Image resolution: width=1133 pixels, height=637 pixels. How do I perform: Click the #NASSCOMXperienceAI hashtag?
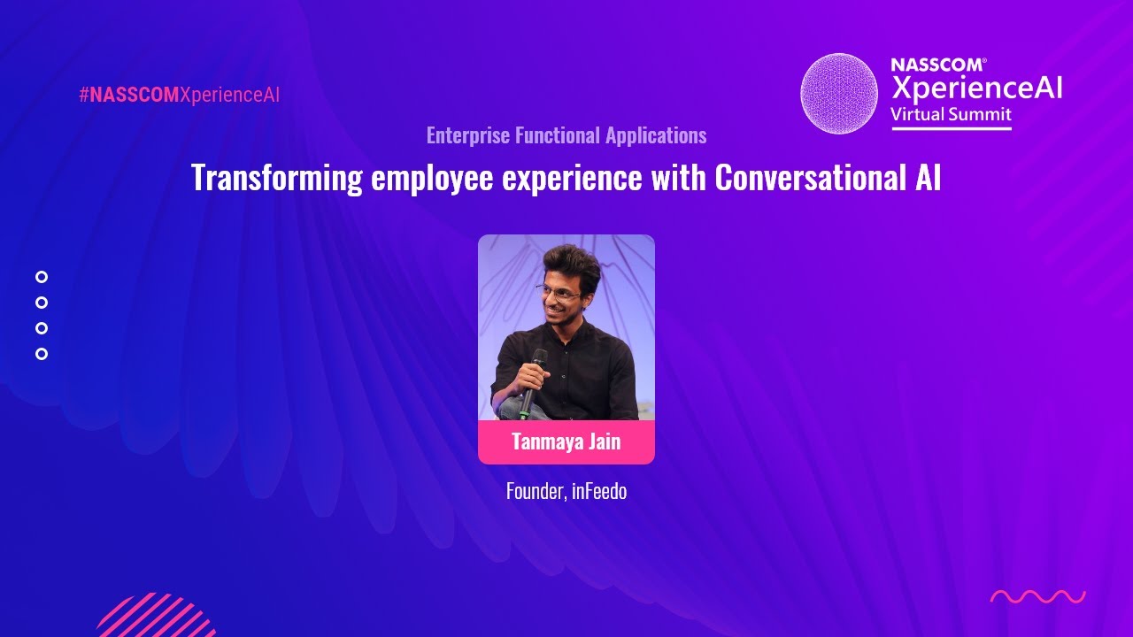[x=179, y=96]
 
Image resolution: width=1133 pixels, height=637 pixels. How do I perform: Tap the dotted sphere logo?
[x=839, y=94]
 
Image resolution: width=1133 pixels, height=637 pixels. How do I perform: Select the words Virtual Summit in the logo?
[x=951, y=115]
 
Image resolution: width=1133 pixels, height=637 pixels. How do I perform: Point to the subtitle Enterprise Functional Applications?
[x=566, y=135]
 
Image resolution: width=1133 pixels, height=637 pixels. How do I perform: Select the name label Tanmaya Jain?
[x=566, y=441]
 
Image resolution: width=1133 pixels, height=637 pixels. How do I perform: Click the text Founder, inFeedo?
[x=566, y=491]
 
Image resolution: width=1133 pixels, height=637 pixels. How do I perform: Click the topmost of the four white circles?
[x=42, y=277]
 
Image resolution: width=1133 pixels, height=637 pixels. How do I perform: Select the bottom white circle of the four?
[x=42, y=354]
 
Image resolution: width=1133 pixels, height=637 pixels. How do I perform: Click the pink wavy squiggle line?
[x=1037, y=597]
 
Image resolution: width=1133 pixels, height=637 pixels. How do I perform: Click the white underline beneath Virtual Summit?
[x=951, y=129]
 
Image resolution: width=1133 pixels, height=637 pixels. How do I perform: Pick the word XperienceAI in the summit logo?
[x=976, y=88]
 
